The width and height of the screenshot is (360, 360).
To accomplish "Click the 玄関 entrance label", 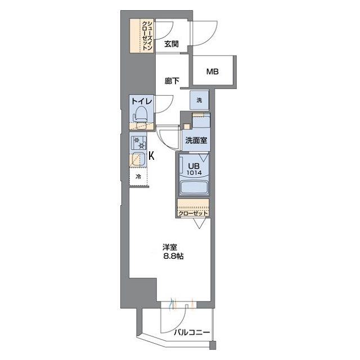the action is (x=171, y=44).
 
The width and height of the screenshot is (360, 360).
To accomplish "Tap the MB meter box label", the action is (x=213, y=71).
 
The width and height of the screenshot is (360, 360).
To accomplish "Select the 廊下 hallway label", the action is (x=172, y=81).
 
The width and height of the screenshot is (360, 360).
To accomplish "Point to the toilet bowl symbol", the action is (x=140, y=114).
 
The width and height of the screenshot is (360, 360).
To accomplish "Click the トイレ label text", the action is (x=142, y=101).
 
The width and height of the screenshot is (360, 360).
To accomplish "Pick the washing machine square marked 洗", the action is (x=199, y=100).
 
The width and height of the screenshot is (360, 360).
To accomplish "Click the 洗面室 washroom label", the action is (x=196, y=140).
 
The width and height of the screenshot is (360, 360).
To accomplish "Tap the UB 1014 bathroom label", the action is (x=194, y=169).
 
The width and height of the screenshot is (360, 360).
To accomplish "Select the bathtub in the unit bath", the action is (x=194, y=187).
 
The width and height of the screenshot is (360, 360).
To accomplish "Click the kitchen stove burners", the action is (x=138, y=142).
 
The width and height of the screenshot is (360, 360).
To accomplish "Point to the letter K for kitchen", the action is (x=151, y=156).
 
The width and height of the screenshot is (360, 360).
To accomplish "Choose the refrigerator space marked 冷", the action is (x=138, y=177).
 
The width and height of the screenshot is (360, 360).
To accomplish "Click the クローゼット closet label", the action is (x=193, y=214).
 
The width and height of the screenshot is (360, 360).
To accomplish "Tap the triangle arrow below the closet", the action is (x=199, y=223).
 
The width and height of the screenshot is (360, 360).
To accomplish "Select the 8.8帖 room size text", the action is (x=173, y=256).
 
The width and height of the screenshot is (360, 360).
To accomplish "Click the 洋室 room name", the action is (x=170, y=247).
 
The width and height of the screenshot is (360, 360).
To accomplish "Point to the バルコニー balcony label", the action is (x=192, y=332).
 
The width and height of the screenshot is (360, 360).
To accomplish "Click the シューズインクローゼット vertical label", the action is (x=147, y=36).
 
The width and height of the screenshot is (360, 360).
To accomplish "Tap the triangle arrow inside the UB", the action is (x=204, y=157).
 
